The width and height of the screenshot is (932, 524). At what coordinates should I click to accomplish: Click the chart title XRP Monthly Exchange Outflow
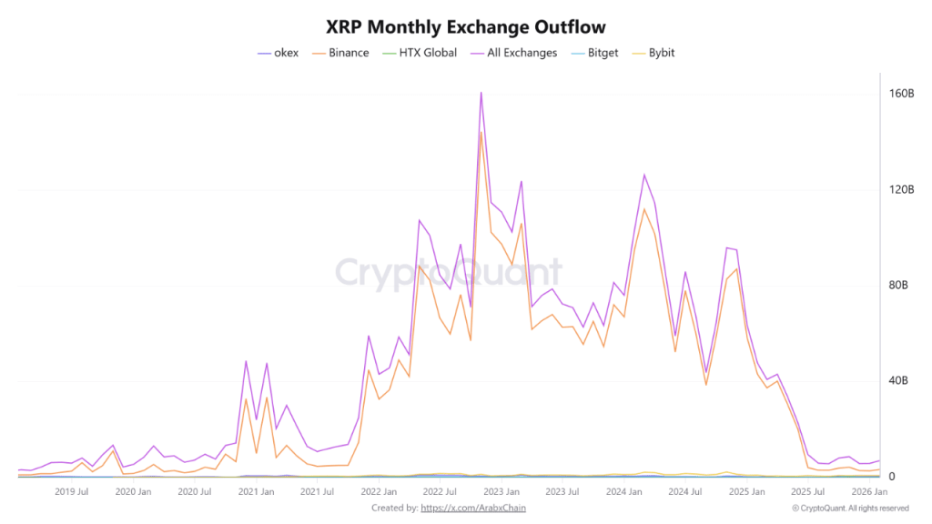pyautogui.click(x=465, y=27)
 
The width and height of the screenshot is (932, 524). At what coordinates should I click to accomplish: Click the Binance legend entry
pyautogui.click(x=349, y=53)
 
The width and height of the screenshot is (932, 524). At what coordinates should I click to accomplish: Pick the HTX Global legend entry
pyautogui.click(x=427, y=53)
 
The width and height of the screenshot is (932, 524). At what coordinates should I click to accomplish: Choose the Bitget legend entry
pyautogui.click(x=603, y=53)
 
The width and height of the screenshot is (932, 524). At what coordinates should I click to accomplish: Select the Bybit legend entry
pyautogui.click(x=659, y=53)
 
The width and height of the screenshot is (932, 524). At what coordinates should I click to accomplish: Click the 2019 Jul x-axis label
pyautogui.click(x=71, y=492)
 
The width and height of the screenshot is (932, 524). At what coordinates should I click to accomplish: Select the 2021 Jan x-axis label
pyautogui.click(x=256, y=492)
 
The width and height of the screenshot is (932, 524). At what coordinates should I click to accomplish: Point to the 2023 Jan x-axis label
pyautogui.click(x=502, y=492)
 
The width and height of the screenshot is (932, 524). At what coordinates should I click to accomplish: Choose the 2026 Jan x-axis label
pyautogui.click(x=869, y=492)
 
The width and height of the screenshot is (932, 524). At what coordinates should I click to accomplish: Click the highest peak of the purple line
pyautogui.click(x=481, y=92)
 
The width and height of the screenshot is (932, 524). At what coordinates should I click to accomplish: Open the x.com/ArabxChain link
pyautogui.click(x=474, y=508)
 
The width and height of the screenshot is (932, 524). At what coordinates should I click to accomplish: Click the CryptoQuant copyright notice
pyautogui.click(x=849, y=509)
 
